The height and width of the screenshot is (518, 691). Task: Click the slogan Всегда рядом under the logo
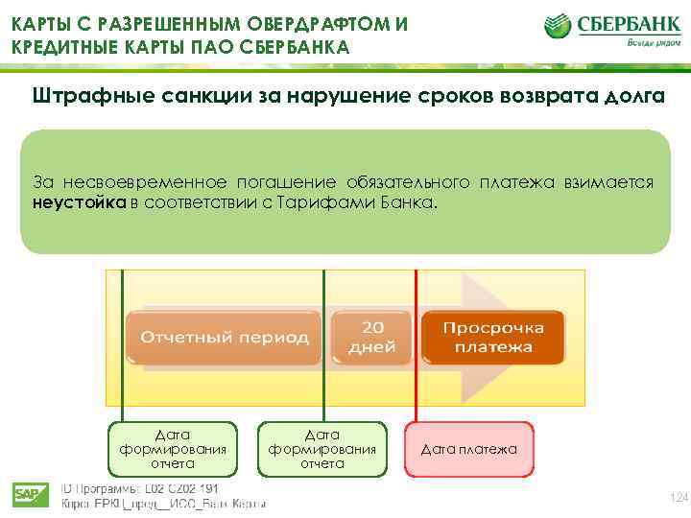click(x=655, y=43)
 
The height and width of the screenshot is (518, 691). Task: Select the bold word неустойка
click(x=80, y=202)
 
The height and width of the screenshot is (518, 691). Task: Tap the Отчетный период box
click(x=225, y=337)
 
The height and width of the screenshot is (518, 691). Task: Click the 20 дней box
click(x=371, y=337)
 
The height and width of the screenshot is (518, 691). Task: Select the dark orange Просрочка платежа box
click(x=492, y=337)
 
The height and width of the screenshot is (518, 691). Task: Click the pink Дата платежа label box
click(x=469, y=449)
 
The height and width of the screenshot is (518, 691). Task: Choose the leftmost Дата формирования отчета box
click(x=173, y=449)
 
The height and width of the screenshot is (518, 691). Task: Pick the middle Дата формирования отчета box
click(x=322, y=449)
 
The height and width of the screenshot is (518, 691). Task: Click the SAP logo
click(x=31, y=495)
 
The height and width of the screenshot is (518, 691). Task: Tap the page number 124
click(x=678, y=496)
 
